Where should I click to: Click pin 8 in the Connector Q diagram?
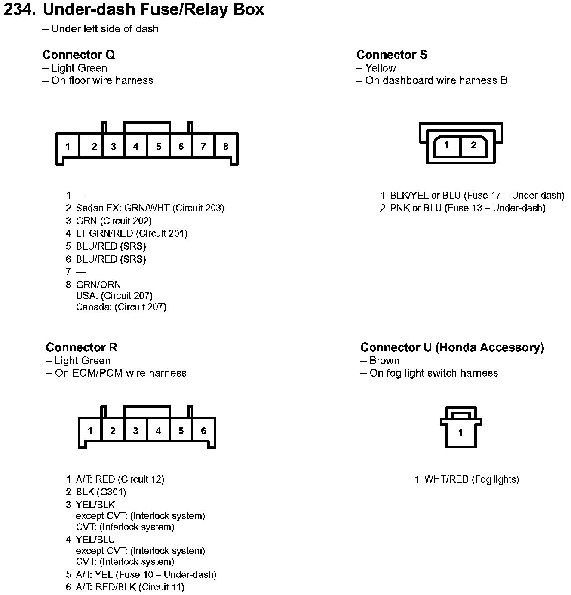point(226,147)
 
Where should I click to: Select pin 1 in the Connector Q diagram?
point(68,147)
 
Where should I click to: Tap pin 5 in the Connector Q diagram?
point(159,147)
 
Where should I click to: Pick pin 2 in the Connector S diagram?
point(473,145)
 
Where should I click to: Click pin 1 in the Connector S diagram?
point(446,145)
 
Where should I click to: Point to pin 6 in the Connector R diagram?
point(203,431)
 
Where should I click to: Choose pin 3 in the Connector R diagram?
point(135,431)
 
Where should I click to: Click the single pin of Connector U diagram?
point(460,432)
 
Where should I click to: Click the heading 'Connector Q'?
point(79,55)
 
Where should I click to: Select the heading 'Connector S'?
point(392,55)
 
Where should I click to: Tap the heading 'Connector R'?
point(81,347)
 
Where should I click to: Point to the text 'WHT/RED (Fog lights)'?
point(471,479)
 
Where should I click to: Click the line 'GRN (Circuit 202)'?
point(114,221)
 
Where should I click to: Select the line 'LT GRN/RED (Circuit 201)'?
point(132,234)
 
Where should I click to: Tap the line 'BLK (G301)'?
point(101,492)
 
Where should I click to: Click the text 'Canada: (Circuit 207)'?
point(121,307)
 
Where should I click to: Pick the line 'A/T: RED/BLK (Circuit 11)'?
point(130,587)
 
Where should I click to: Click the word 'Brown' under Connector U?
point(384,361)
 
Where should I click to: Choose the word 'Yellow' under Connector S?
point(381,68)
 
